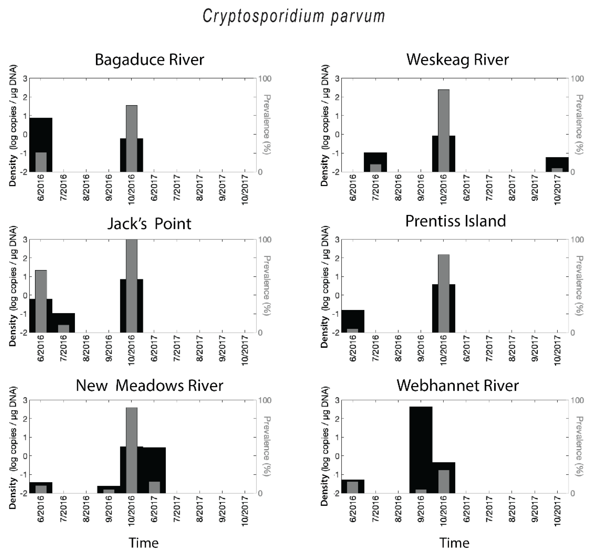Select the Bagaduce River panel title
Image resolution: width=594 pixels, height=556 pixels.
coord(149,59)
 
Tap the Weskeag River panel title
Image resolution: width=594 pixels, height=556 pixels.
coord(457,59)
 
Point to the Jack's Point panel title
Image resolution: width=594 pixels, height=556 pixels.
coord(149,224)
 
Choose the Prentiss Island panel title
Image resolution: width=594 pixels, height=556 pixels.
coord(455,221)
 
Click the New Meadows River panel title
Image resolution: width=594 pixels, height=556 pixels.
coord(149,385)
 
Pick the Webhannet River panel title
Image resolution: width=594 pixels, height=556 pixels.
coord(457,385)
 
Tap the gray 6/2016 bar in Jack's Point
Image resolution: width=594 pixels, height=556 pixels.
coord(41,301)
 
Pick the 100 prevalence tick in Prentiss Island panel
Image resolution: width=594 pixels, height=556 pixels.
coord(577,240)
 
